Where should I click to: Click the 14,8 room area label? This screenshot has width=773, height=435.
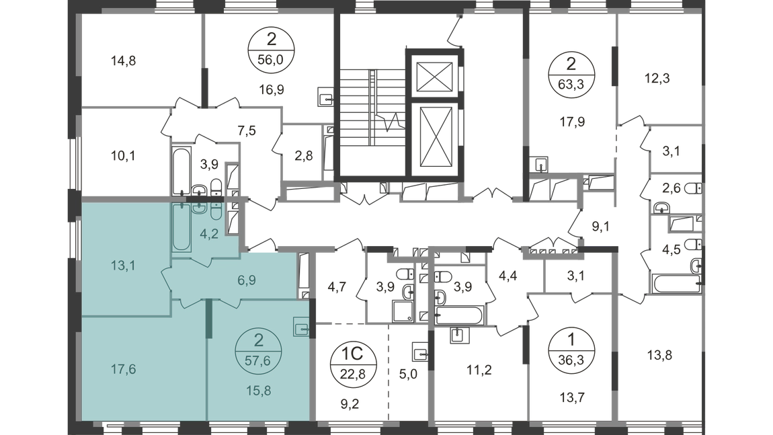pyautogui.click(x=123, y=61)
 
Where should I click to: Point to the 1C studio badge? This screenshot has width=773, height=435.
pyautogui.click(x=353, y=362)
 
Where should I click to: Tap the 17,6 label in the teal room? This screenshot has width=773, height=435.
pyautogui.click(x=123, y=369)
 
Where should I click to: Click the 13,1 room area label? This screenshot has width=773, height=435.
pyautogui.click(x=123, y=266)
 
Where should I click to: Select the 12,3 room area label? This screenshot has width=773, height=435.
pyautogui.click(x=657, y=78)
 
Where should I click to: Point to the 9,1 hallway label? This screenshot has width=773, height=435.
pyautogui.click(x=601, y=227)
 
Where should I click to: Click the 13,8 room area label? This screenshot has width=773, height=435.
pyautogui.click(x=659, y=355)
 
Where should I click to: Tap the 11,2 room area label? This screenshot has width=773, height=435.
pyautogui.click(x=479, y=369)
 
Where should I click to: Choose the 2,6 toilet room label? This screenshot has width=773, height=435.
pyautogui.click(x=671, y=188)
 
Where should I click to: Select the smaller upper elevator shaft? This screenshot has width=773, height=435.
pyautogui.click(x=434, y=77)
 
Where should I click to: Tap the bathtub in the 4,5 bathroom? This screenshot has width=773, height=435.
pyautogui.click(x=676, y=284)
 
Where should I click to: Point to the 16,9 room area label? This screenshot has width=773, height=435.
pyautogui.click(x=271, y=90)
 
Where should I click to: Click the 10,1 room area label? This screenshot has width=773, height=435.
pyautogui.click(x=123, y=157)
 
